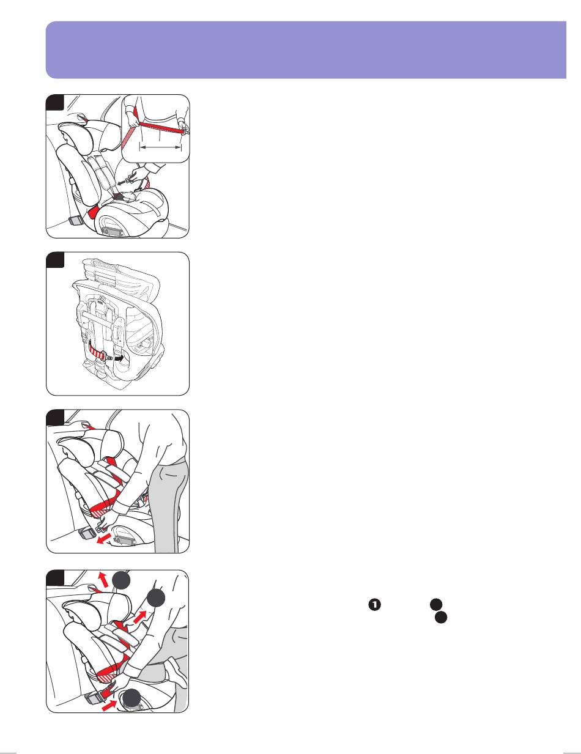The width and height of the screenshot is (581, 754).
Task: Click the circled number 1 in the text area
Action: coord(375,604)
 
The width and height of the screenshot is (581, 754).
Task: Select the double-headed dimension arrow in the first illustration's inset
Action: coord(160,147)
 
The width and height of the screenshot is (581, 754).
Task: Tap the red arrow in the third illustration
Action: coord(104,539)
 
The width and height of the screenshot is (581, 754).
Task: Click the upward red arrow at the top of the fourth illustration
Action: coord(103,580)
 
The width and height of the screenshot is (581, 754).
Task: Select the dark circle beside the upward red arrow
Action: coord(121,580)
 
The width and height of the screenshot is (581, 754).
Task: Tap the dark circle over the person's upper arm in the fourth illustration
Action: coord(156,598)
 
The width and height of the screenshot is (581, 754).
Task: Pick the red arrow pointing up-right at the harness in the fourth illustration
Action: coord(140,617)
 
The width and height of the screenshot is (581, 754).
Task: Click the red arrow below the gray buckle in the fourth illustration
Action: coord(109,706)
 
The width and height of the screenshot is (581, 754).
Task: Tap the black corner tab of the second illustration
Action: coord(55,260)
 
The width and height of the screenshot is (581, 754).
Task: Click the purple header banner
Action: coord(306,50)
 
